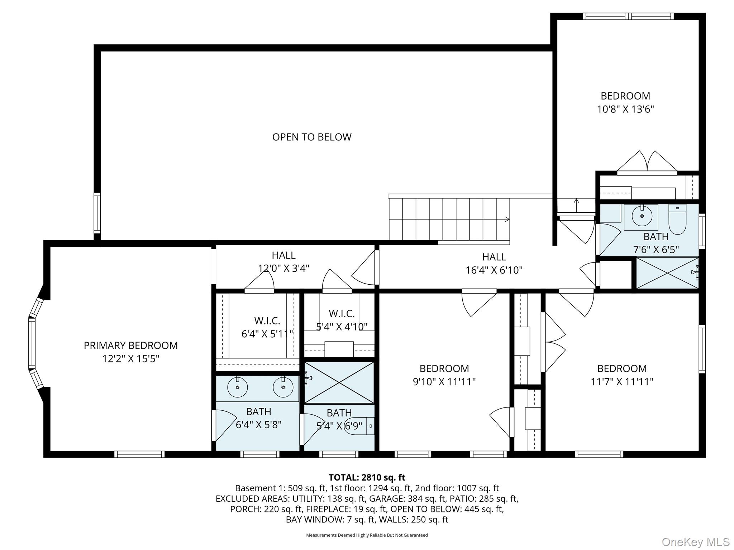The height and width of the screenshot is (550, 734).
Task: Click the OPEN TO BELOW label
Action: click(x=312, y=137)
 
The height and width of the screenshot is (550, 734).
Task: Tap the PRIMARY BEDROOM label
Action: click(x=130, y=346)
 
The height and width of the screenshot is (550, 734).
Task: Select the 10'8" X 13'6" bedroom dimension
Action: click(x=625, y=109)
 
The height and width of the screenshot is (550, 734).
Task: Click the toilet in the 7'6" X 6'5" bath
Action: click(x=677, y=219)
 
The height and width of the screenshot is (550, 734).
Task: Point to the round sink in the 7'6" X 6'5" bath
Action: click(x=642, y=216)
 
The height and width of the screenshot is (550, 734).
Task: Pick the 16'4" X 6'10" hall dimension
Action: click(x=494, y=270)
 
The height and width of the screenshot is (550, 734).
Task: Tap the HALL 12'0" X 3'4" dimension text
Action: click(x=283, y=268)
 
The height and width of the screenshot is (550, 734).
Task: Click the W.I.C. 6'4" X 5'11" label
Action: click(x=267, y=327)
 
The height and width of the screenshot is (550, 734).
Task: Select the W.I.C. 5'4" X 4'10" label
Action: click(x=342, y=320)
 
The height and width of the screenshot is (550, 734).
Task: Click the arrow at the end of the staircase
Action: click(x=507, y=219)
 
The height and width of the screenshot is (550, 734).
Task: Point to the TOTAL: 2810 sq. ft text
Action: click(x=367, y=477)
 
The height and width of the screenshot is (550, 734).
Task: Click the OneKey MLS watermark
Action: click(x=695, y=542)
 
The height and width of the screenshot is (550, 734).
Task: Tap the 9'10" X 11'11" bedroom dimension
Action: click(x=444, y=382)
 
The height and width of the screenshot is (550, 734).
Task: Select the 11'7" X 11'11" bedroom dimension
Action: click(x=622, y=382)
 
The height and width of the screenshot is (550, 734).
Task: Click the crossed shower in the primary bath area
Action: click(x=339, y=383)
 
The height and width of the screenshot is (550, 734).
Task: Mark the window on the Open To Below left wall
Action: click(x=97, y=213)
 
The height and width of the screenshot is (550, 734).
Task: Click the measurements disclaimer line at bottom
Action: click(x=367, y=535)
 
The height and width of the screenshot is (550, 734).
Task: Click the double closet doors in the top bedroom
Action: click(x=647, y=163)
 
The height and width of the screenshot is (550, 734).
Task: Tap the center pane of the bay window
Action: click(x=32, y=343)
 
